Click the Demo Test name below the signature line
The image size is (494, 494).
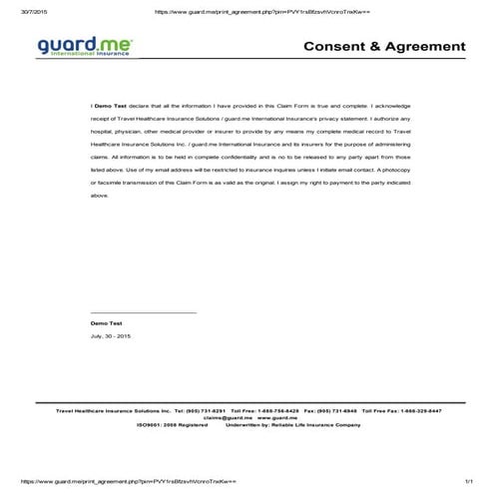coord(106,324)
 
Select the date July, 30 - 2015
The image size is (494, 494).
coord(110,337)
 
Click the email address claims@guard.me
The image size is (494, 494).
coord(227,417)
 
